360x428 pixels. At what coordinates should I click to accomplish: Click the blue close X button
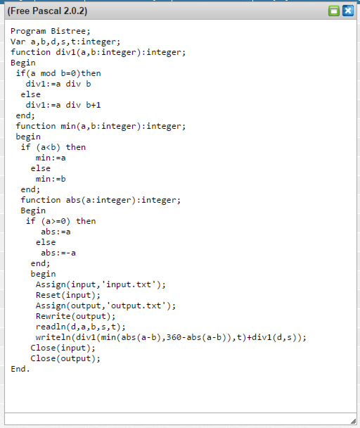348,11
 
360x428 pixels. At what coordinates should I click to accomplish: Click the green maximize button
334,11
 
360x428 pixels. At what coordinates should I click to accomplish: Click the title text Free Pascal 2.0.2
47,11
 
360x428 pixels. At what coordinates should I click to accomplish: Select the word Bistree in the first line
70,31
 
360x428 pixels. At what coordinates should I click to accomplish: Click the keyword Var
18,42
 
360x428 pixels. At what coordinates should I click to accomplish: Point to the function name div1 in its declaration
65,52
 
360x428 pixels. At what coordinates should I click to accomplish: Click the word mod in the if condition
48,73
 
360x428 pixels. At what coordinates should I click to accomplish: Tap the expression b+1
94,105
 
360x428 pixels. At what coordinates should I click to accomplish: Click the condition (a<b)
48,147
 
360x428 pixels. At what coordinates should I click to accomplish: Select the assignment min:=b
51,179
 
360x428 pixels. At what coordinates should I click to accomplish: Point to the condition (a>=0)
56,221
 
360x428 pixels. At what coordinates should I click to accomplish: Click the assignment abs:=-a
58,253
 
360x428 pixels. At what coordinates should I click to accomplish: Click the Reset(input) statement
68,295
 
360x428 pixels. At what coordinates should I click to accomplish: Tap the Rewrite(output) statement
75,316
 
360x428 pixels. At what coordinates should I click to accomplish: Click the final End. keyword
20,369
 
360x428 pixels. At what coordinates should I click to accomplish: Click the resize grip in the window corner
353,421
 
